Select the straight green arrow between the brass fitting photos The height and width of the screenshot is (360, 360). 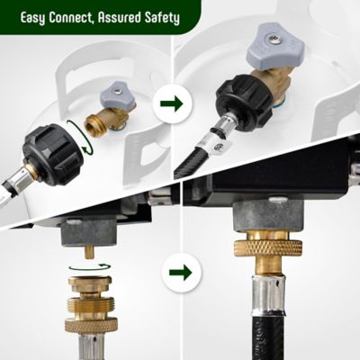tap(181, 271)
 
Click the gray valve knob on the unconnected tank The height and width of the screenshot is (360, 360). tap(114, 90)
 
